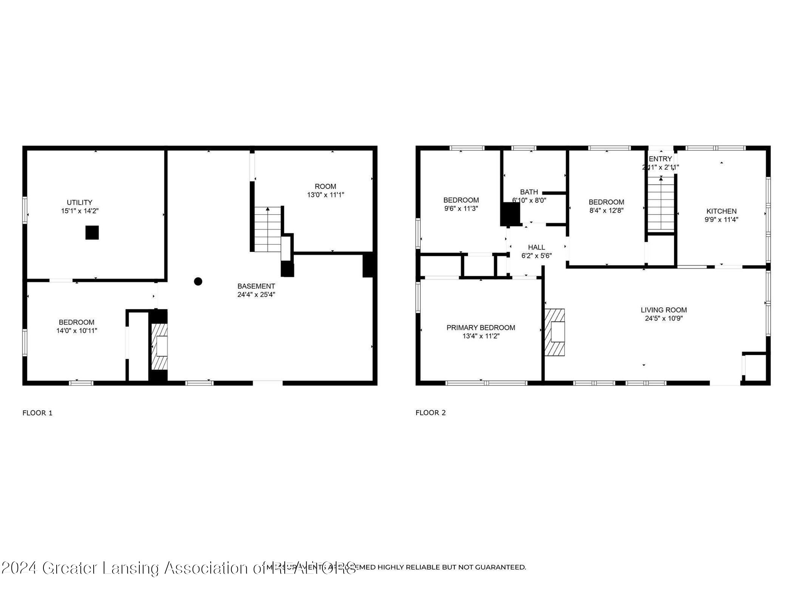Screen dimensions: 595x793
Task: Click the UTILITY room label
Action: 79,202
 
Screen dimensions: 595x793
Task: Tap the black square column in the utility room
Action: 92,233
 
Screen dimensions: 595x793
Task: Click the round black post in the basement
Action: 198,281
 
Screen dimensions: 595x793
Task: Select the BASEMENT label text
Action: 256,286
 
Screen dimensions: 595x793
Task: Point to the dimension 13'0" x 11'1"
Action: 325,195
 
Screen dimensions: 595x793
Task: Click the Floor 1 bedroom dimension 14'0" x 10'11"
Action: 77,331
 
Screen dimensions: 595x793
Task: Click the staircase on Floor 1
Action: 267,229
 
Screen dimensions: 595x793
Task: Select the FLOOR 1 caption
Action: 37,413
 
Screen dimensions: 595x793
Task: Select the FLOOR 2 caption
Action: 430,413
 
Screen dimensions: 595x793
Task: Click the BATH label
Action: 529,192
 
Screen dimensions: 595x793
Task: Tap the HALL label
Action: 536,247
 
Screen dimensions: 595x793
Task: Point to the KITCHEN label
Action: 721,211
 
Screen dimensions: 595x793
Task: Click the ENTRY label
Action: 660,159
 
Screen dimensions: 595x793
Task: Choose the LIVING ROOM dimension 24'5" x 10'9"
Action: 663,318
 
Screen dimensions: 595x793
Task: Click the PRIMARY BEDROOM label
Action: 481,328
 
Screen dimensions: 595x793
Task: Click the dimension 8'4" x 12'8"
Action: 606,210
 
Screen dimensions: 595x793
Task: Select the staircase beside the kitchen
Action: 661,206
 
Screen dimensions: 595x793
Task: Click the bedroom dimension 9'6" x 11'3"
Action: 461,209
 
